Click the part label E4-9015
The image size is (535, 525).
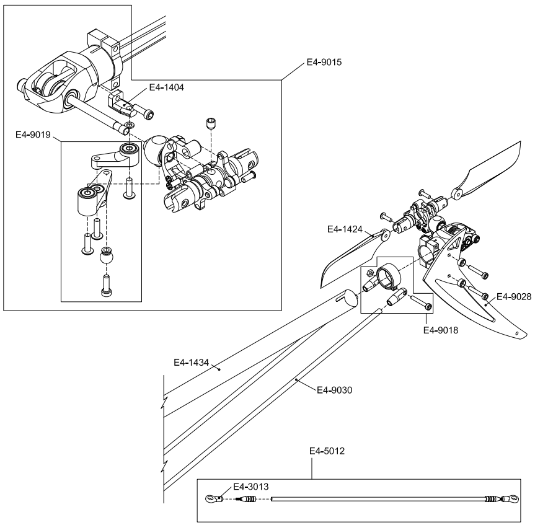(324, 62)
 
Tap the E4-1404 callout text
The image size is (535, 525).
(167, 87)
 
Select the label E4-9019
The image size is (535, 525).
(33, 135)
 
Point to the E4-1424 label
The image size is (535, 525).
(345, 229)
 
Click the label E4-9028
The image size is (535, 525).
(514, 297)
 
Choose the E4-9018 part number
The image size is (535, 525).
(441, 330)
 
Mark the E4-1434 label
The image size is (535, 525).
(191, 362)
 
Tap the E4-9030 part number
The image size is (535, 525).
(334, 390)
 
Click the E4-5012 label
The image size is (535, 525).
(327, 451)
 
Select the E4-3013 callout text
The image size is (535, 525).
(251, 487)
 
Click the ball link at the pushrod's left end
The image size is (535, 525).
(214, 499)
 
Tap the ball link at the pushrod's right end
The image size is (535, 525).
(509, 499)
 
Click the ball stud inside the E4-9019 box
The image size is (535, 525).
(107, 256)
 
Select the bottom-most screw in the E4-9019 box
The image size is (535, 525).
(107, 286)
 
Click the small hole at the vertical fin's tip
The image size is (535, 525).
(516, 333)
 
